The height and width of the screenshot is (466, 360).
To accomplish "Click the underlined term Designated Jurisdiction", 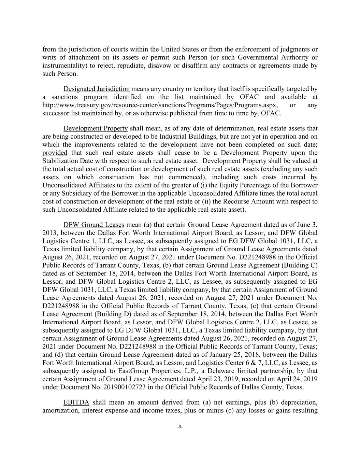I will point(97,89).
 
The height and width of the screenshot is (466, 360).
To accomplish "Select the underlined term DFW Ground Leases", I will point(94,225).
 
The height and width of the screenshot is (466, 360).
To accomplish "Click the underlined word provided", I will point(55,153).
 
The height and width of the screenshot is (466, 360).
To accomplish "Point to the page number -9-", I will point(180,427).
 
